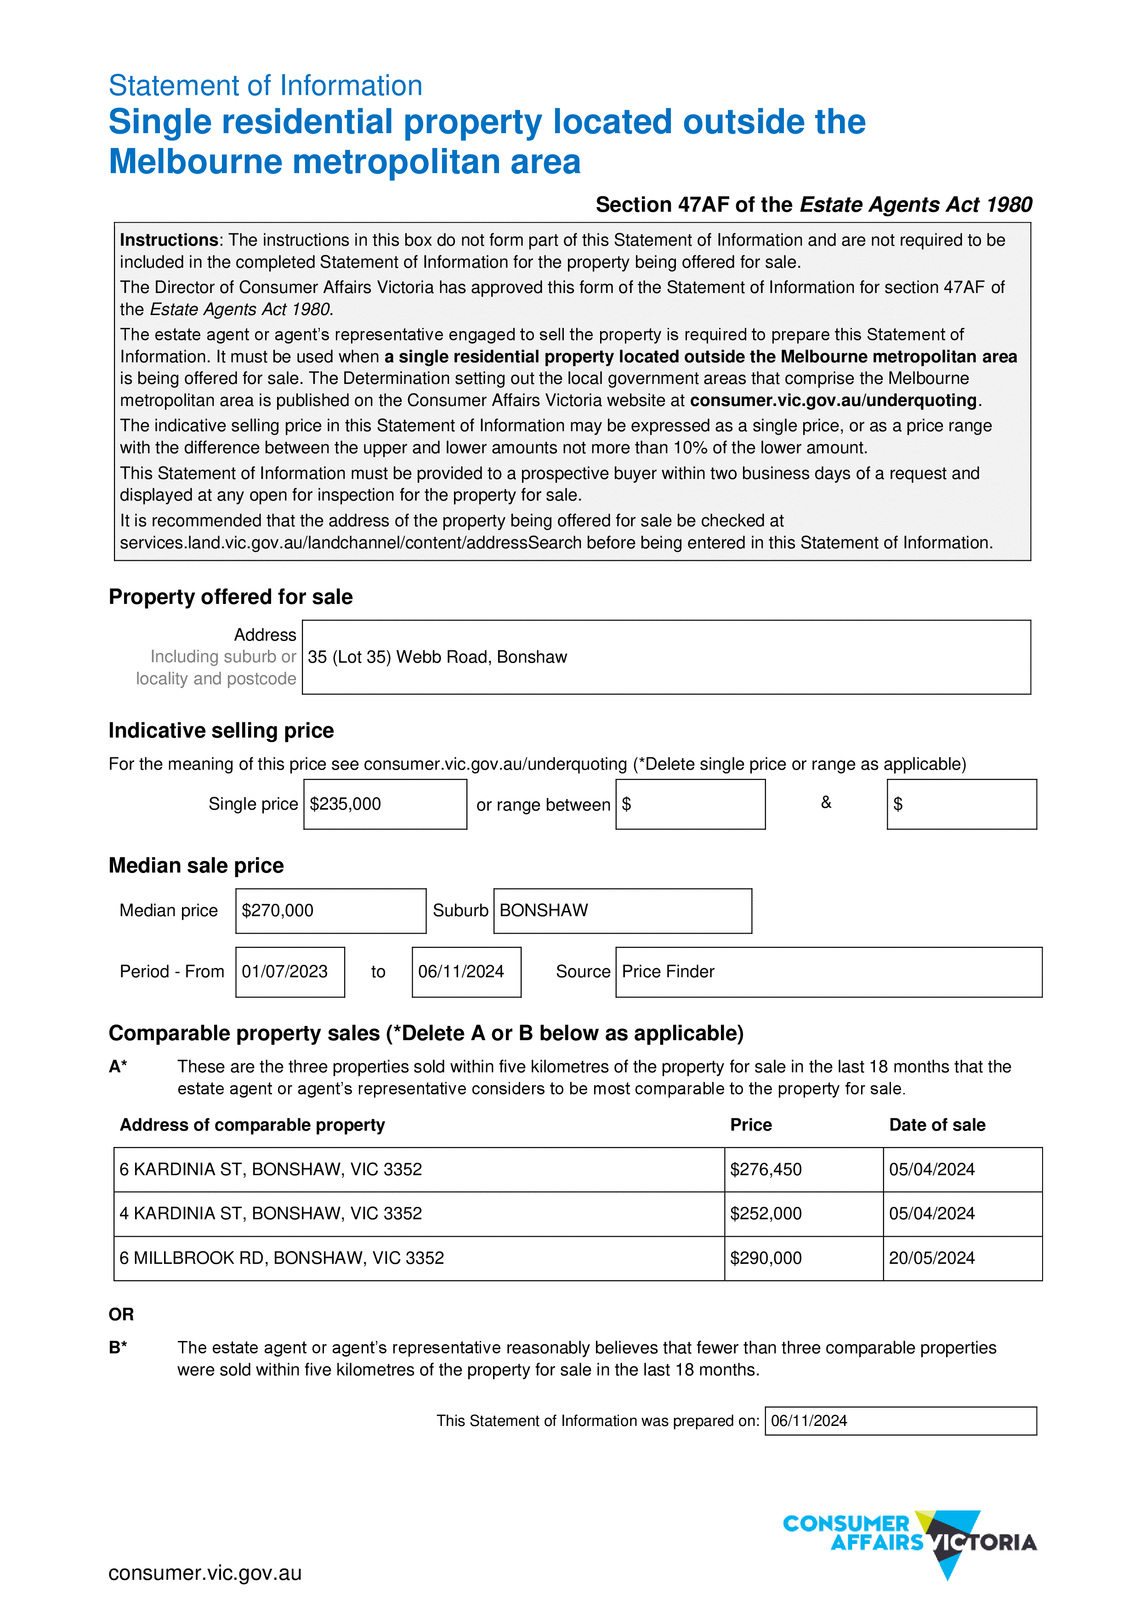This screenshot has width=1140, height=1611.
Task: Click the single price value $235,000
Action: [x=346, y=804]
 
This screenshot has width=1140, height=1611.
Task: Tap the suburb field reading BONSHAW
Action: [x=544, y=911]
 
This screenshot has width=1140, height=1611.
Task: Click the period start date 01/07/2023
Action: [x=285, y=972]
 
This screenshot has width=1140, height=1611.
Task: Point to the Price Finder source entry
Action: [x=668, y=972]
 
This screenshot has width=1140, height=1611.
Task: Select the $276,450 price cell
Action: [x=766, y=1170]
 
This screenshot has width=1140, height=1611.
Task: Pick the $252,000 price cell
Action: [x=766, y=1214]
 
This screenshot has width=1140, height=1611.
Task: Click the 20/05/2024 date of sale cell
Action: [x=931, y=1258]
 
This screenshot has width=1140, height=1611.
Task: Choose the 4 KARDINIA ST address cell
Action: [x=270, y=1214]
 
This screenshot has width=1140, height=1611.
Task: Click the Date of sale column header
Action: [x=937, y=1126]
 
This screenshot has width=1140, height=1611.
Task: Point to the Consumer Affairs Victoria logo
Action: [x=910, y=1542]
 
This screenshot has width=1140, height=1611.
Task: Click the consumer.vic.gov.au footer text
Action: [x=205, y=1574]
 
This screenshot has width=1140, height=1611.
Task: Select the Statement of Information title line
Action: [x=265, y=85]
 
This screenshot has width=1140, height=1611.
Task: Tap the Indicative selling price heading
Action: [x=221, y=731]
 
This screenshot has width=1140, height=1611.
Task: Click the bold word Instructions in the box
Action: [x=169, y=240]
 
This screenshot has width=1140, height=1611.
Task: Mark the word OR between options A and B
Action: [x=121, y=1314]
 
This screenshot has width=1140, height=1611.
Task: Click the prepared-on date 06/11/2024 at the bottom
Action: [x=809, y=1421]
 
